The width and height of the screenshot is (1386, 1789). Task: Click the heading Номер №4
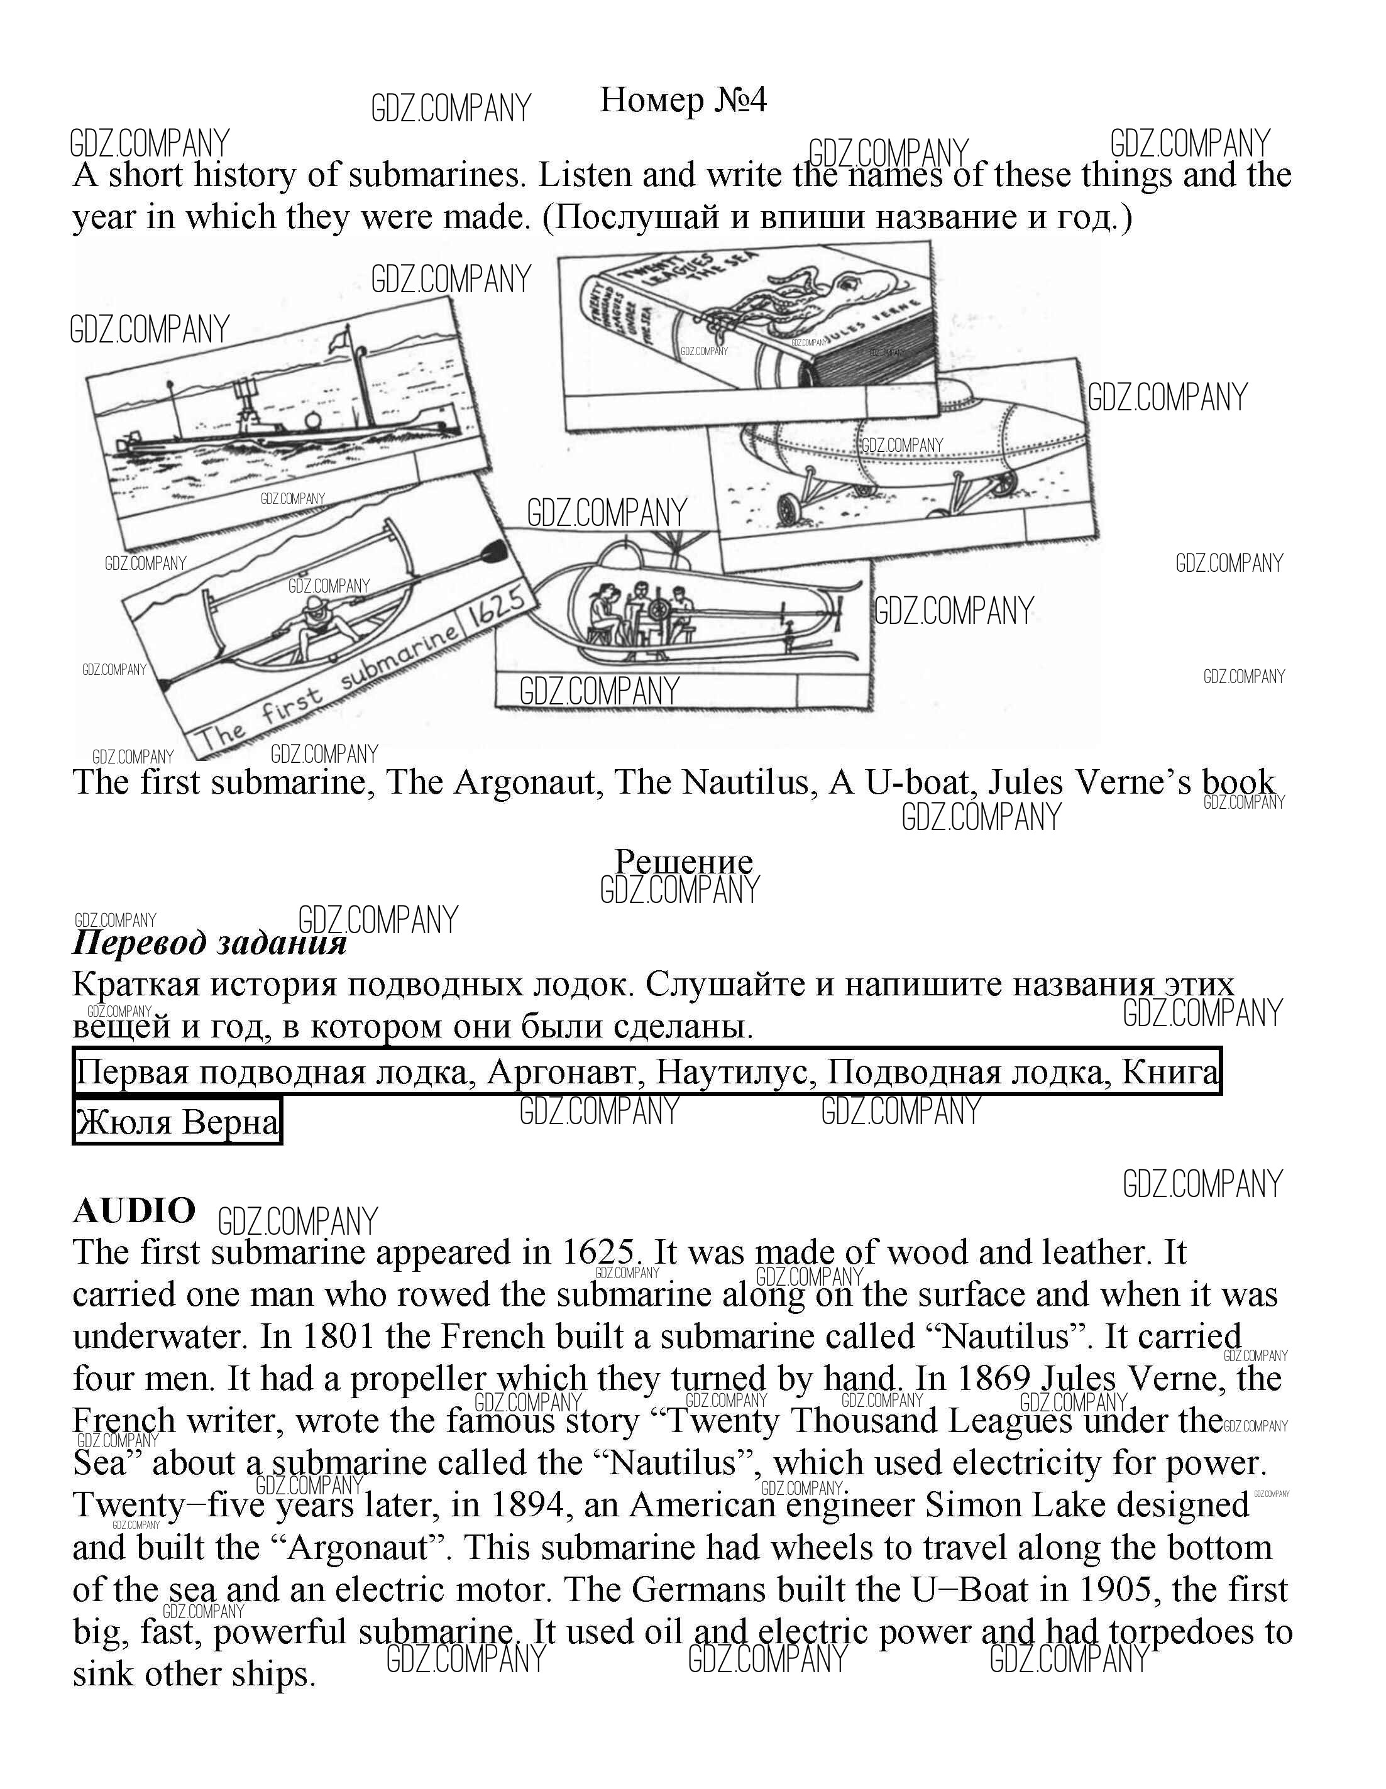tap(683, 100)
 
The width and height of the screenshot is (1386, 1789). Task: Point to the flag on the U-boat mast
tap(341, 338)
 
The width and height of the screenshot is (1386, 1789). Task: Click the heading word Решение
tap(683, 862)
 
